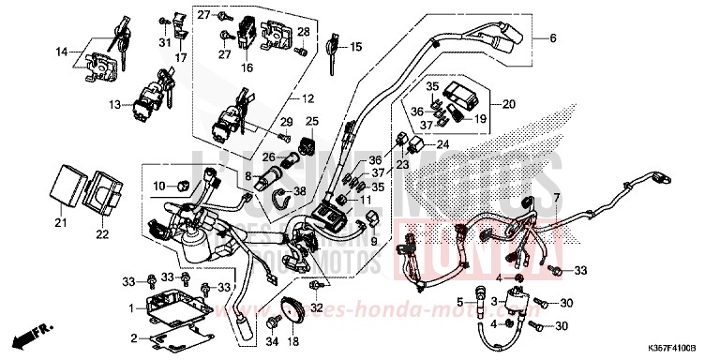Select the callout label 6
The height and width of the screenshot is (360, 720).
tap(552, 38)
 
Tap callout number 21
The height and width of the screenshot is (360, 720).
tap(61, 222)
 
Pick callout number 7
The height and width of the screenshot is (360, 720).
tap(555, 199)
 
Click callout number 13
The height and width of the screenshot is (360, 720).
tap(114, 104)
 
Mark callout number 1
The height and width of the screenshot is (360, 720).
tap(132, 307)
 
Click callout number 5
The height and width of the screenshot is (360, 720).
tap(460, 302)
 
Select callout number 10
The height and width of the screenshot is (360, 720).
tap(158, 185)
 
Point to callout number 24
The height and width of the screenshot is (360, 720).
tap(443, 144)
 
